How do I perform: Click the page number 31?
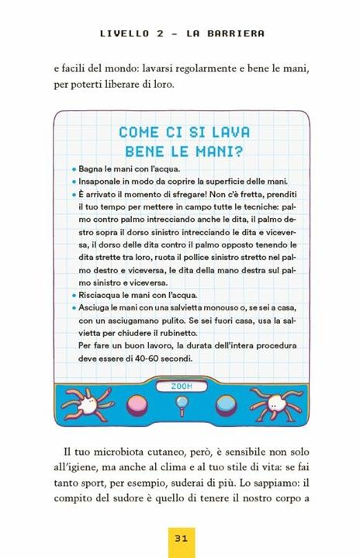179,538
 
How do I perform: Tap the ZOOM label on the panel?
179,386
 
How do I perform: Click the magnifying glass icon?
180,404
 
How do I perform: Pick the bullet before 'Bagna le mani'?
72,169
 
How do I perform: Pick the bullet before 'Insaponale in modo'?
72,182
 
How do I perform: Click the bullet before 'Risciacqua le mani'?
72,296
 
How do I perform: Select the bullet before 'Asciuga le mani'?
72,308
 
